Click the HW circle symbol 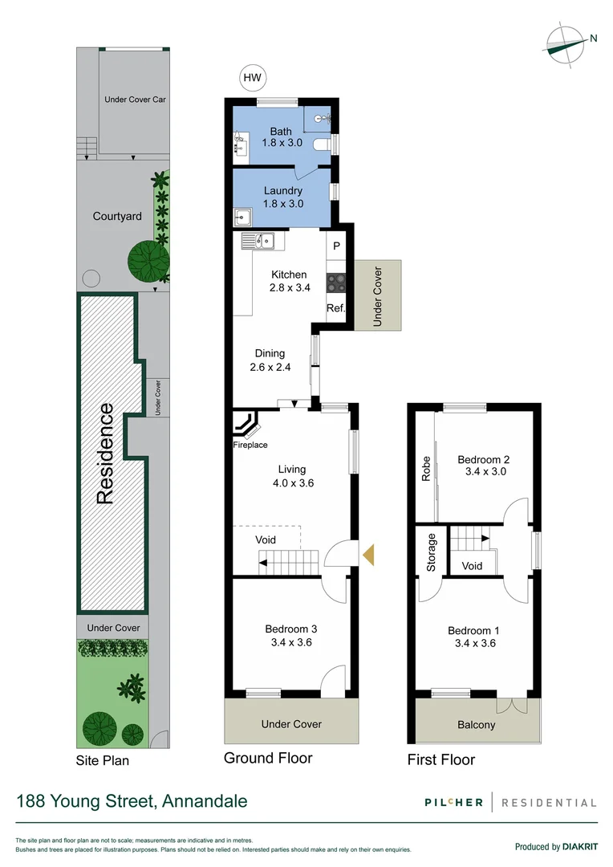pyautogui.click(x=253, y=78)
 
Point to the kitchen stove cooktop pyautogui.click(x=335, y=283)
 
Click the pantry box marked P pyautogui.click(x=336, y=246)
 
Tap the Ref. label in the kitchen pyautogui.click(x=335, y=308)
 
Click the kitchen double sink pyautogui.click(x=262, y=240)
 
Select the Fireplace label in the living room pyautogui.click(x=250, y=445)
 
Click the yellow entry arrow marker pyautogui.click(x=368, y=555)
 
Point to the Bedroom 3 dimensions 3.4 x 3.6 pyautogui.click(x=292, y=642)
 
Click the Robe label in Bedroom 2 pyautogui.click(x=426, y=469)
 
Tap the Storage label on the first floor pyautogui.click(x=431, y=552)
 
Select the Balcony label pyautogui.click(x=476, y=725)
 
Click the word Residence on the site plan pyautogui.click(x=104, y=454)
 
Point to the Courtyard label pyautogui.click(x=117, y=216)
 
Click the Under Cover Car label pyautogui.click(x=135, y=100)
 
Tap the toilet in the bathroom pyautogui.click(x=323, y=145)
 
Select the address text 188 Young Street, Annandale pyautogui.click(x=132, y=801)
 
